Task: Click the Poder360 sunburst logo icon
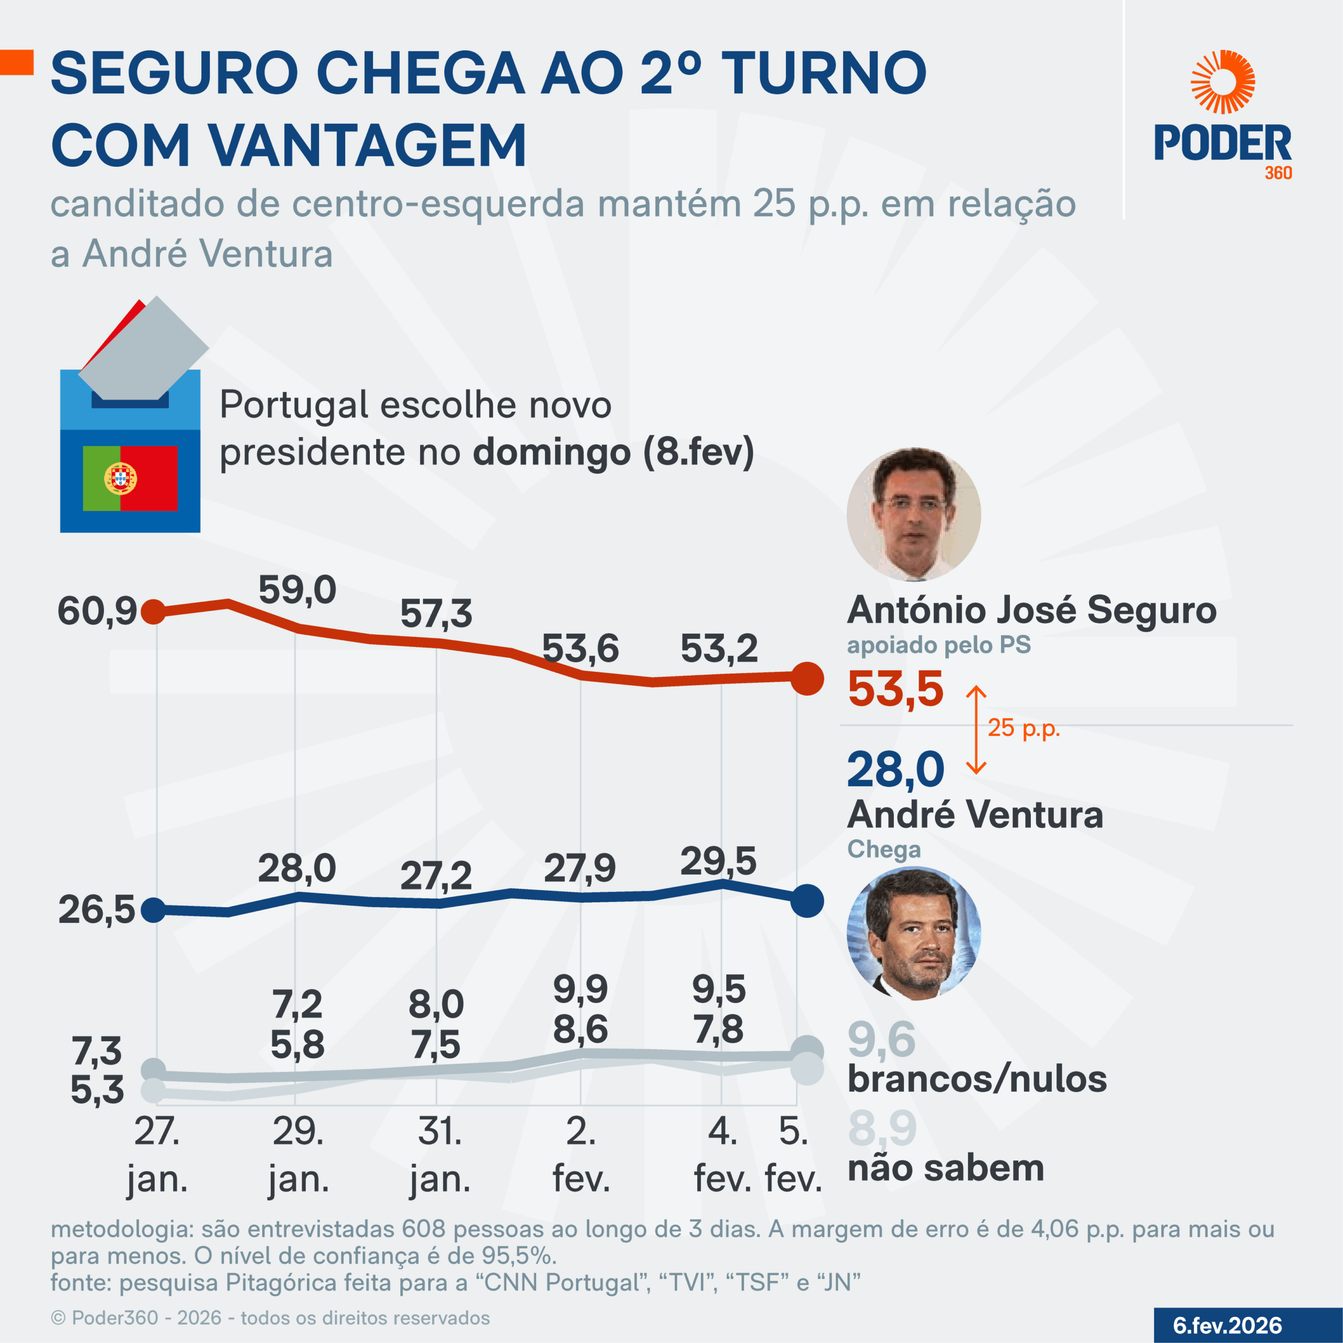tap(1223, 82)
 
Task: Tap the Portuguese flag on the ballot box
tap(130, 478)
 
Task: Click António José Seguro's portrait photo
tap(913, 515)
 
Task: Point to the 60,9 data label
tap(98, 612)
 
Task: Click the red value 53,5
tap(896, 689)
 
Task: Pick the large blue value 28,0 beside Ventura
tap(896, 770)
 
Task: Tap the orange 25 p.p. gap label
tap(1023, 728)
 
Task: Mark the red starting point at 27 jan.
tap(154, 612)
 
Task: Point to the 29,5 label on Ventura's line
tap(718, 862)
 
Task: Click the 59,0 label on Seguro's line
tap(297, 590)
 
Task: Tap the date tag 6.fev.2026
tap(1227, 1326)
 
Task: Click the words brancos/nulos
tap(977, 1080)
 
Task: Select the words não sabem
tap(945, 1168)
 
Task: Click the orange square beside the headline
tap(17, 62)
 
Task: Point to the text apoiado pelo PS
tap(939, 645)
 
